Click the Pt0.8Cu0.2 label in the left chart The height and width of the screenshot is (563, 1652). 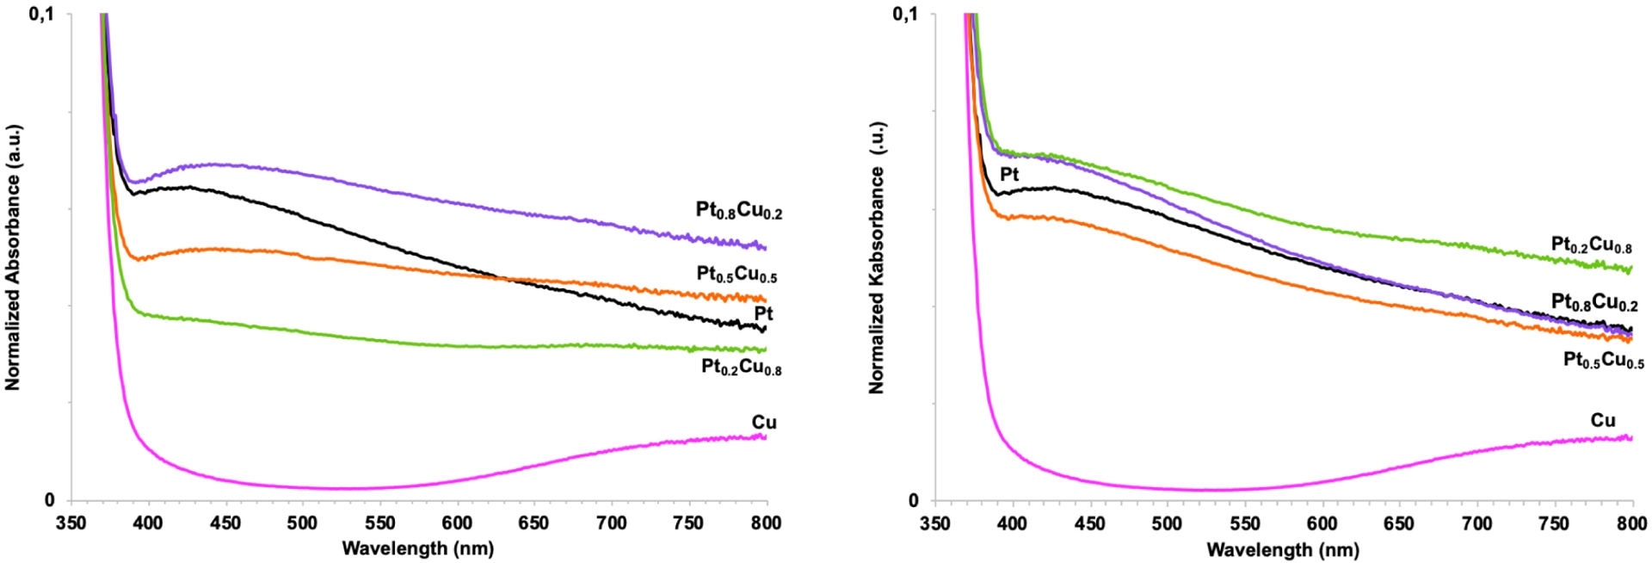tap(738, 211)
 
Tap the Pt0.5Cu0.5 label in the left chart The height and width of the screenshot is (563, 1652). tap(737, 275)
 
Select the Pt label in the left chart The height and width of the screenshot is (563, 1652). tap(763, 313)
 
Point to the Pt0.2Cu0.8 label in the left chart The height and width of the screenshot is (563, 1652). tap(741, 368)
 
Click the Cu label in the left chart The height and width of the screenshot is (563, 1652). tap(764, 422)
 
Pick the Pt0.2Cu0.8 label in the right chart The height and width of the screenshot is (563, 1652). tap(1591, 245)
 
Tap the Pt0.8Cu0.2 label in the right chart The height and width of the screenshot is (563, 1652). tap(1594, 302)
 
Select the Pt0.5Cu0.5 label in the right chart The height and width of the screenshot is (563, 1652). tap(1603, 360)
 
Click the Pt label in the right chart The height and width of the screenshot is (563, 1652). tap(1009, 174)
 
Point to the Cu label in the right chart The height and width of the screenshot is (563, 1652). tap(1602, 420)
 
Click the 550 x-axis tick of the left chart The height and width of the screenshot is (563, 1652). tap(379, 523)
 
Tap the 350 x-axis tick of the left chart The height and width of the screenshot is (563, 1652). tap(71, 523)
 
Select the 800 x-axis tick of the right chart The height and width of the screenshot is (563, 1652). tap(1631, 523)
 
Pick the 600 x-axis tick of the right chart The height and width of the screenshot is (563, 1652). tap(1322, 523)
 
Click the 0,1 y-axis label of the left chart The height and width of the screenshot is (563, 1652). tap(40, 14)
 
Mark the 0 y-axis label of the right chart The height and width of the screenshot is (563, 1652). tap(913, 500)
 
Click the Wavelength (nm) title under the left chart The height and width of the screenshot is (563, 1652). tap(418, 548)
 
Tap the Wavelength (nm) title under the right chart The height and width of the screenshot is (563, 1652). tap(1283, 549)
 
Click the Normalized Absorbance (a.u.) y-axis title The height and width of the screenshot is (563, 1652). tap(13, 257)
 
